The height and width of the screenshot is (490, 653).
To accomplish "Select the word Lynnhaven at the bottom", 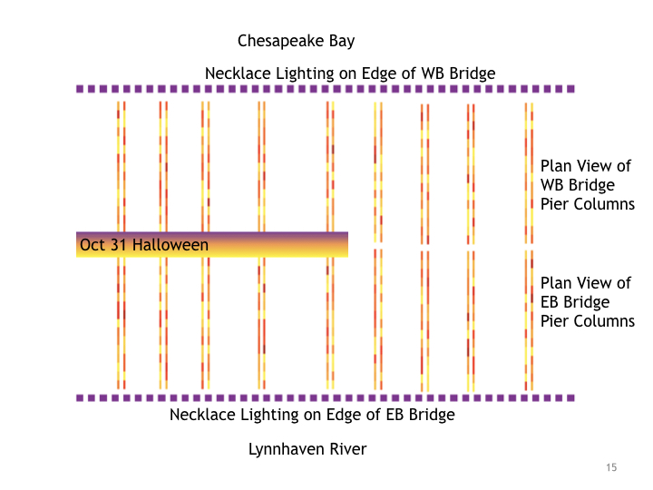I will pos(285,449).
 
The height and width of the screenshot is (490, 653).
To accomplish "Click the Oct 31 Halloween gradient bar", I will pos(272,245).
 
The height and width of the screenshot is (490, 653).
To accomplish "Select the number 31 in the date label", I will pos(117,245).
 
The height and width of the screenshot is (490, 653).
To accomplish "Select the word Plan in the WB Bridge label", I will pos(556,166).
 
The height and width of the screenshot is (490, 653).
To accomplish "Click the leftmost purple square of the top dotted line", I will pos(80,89).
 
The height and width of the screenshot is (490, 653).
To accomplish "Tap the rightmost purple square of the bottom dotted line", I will pos(570,397).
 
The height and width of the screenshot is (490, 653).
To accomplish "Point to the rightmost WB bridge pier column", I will pos(529,172).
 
